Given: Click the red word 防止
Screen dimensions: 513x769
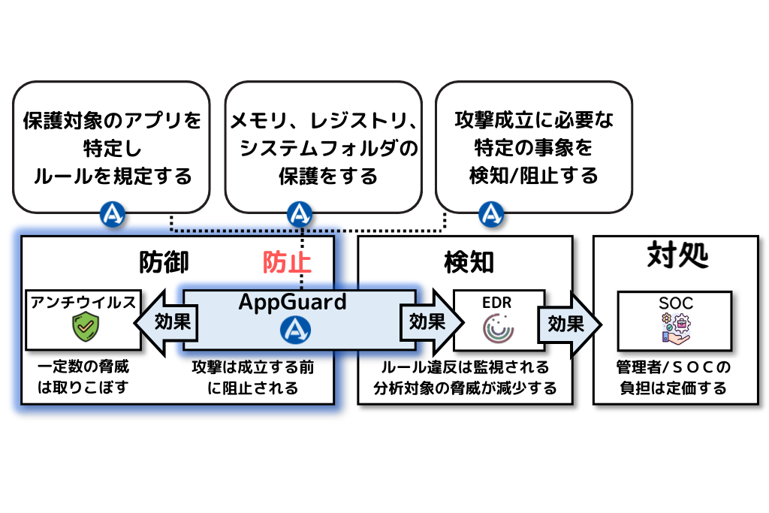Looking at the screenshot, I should [287, 262].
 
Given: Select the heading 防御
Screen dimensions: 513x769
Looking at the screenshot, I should [164, 262].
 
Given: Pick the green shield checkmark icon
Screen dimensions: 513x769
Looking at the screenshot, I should [83, 327].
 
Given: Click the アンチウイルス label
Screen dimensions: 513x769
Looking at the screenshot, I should [83, 302].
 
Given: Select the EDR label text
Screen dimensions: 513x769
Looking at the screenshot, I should [496, 304].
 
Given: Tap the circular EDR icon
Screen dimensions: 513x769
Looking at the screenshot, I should [496, 328].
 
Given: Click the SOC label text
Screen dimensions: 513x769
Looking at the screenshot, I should [674, 304].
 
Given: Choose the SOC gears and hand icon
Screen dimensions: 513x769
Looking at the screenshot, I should [674, 329].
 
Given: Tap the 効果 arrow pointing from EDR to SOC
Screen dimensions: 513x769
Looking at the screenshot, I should [567, 323].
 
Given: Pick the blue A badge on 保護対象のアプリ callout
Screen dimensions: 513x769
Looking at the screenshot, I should [113, 216].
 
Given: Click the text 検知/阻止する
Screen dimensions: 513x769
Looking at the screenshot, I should [534, 176].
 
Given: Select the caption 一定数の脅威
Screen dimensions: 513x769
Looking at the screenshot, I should [83, 368].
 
